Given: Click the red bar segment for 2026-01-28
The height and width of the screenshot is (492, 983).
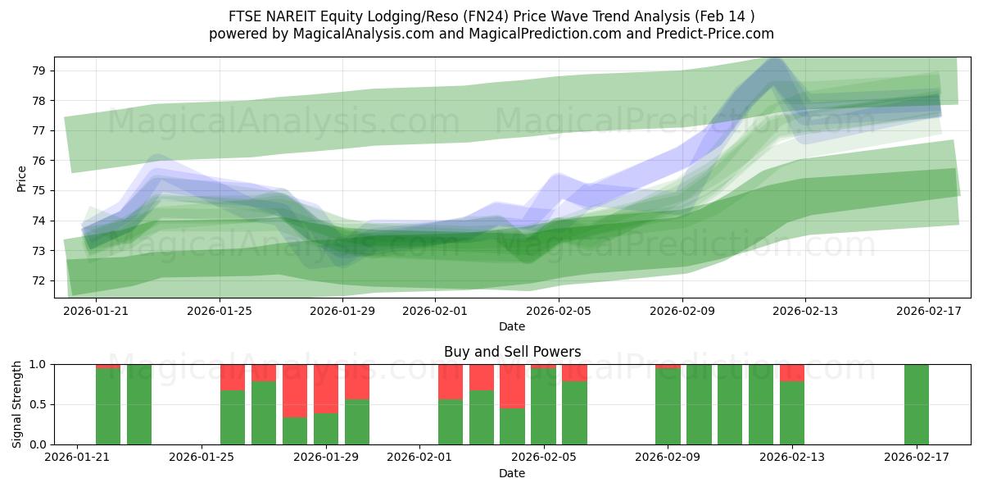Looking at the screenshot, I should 295,390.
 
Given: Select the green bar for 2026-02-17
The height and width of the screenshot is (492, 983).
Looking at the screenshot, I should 917,404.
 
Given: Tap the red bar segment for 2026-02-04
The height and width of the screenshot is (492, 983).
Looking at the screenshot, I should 512,385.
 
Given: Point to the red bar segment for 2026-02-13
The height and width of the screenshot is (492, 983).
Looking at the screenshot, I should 792,372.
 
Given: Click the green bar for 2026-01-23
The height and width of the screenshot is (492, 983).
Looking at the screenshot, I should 139,404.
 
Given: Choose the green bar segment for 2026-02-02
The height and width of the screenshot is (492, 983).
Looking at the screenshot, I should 451,421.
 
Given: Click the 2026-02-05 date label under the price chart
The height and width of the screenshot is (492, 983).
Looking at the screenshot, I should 559,312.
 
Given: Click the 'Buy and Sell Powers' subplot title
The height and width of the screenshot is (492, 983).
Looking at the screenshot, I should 512,352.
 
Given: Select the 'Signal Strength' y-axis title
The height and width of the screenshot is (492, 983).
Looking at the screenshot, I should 17,404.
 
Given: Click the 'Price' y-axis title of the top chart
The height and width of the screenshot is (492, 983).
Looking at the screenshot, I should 21,178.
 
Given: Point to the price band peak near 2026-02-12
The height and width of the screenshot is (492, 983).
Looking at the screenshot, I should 773,62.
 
